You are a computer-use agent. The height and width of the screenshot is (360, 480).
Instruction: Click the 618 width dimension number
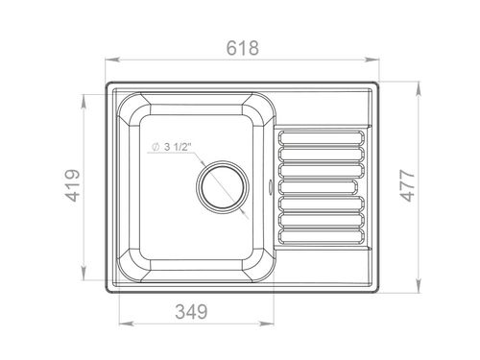242,48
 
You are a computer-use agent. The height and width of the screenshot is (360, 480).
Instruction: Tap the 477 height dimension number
408,185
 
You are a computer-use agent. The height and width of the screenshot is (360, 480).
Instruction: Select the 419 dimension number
73,185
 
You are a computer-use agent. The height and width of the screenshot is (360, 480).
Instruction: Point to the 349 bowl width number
191,311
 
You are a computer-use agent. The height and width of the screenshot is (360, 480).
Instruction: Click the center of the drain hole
223,187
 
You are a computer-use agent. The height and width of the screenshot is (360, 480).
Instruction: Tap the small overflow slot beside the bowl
271,186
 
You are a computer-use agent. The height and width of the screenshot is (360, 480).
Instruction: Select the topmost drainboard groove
322,137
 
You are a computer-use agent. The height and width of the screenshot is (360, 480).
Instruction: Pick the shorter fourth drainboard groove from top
318,187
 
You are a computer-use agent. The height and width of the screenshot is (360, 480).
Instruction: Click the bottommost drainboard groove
322,236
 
